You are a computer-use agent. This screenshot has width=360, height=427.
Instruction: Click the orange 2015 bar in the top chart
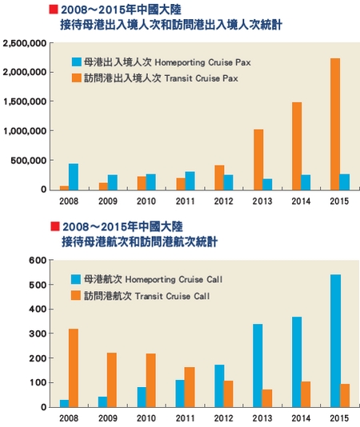pyautogui.click(x=335, y=124)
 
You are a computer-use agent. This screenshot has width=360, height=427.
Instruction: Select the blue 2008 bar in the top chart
pyautogui.click(x=74, y=177)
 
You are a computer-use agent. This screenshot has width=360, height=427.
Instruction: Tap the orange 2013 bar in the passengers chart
pyautogui.click(x=258, y=160)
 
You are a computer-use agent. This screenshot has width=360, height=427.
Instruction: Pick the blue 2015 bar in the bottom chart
pyautogui.click(x=336, y=341)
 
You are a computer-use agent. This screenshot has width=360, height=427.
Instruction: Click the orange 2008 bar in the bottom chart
pyautogui.click(x=74, y=368)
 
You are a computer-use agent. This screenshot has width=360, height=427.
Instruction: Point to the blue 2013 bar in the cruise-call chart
pyautogui.click(x=258, y=365)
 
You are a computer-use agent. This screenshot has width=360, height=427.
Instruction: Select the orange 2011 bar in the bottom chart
pyautogui.click(x=190, y=387)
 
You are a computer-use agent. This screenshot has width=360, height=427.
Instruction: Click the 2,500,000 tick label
pyautogui.click(x=25, y=43)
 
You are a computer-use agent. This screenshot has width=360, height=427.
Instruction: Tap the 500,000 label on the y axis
pyautogui.click(x=29, y=161)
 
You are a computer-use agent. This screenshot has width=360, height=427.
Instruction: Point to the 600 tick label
pyautogui.click(x=38, y=261)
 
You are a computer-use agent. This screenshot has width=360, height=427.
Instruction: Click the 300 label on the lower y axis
pyautogui.click(x=38, y=333)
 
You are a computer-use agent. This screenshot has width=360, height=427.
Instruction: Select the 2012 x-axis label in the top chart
pyautogui.click(x=223, y=202)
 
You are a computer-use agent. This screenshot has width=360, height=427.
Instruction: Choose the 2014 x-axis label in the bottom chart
pyautogui.click(x=301, y=418)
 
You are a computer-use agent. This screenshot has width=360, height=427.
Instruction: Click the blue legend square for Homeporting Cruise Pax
pyautogui.click(x=77, y=62)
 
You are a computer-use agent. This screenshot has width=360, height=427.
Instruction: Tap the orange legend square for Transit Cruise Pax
pyautogui.click(x=77, y=78)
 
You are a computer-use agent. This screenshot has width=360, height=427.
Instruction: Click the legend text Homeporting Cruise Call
pyautogui.click(x=174, y=279)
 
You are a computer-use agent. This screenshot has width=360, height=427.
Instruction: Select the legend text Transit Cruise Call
pyautogui.click(x=172, y=296)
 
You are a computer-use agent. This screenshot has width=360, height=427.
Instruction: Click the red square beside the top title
pyautogui.click(x=54, y=10)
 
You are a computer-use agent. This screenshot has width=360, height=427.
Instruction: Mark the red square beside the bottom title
pyautogui.click(x=55, y=226)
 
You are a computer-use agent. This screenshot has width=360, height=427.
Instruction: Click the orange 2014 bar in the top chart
pyautogui.click(x=297, y=146)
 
